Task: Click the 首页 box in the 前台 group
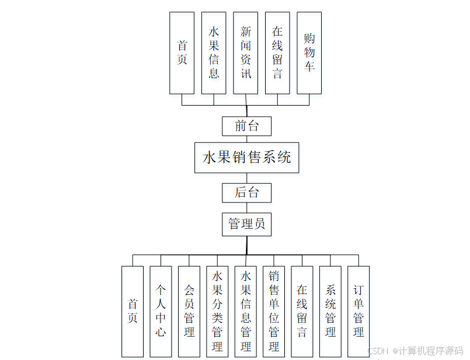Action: tap(182, 53)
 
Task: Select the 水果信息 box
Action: tap(214, 53)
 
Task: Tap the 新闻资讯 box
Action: tap(246, 53)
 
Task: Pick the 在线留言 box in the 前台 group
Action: tap(277, 53)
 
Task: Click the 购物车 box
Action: tap(309, 53)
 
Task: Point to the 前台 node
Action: tap(246, 126)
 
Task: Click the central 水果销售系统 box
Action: tap(246, 158)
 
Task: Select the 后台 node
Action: tap(246, 192)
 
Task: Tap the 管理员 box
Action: tap(246, 224)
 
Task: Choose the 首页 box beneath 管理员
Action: tap(133, 312)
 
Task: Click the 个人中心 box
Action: tap(161, 312)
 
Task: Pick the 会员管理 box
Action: tap(189, 312)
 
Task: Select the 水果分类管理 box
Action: tap(217, 312)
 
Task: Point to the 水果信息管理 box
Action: tap(246, 312)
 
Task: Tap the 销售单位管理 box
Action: tap(274, 312)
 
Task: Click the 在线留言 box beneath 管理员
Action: tap(302, 312)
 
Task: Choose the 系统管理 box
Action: tap(330, 312)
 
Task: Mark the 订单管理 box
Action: tap(358, 312)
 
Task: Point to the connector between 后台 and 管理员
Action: tap(246, 207)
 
